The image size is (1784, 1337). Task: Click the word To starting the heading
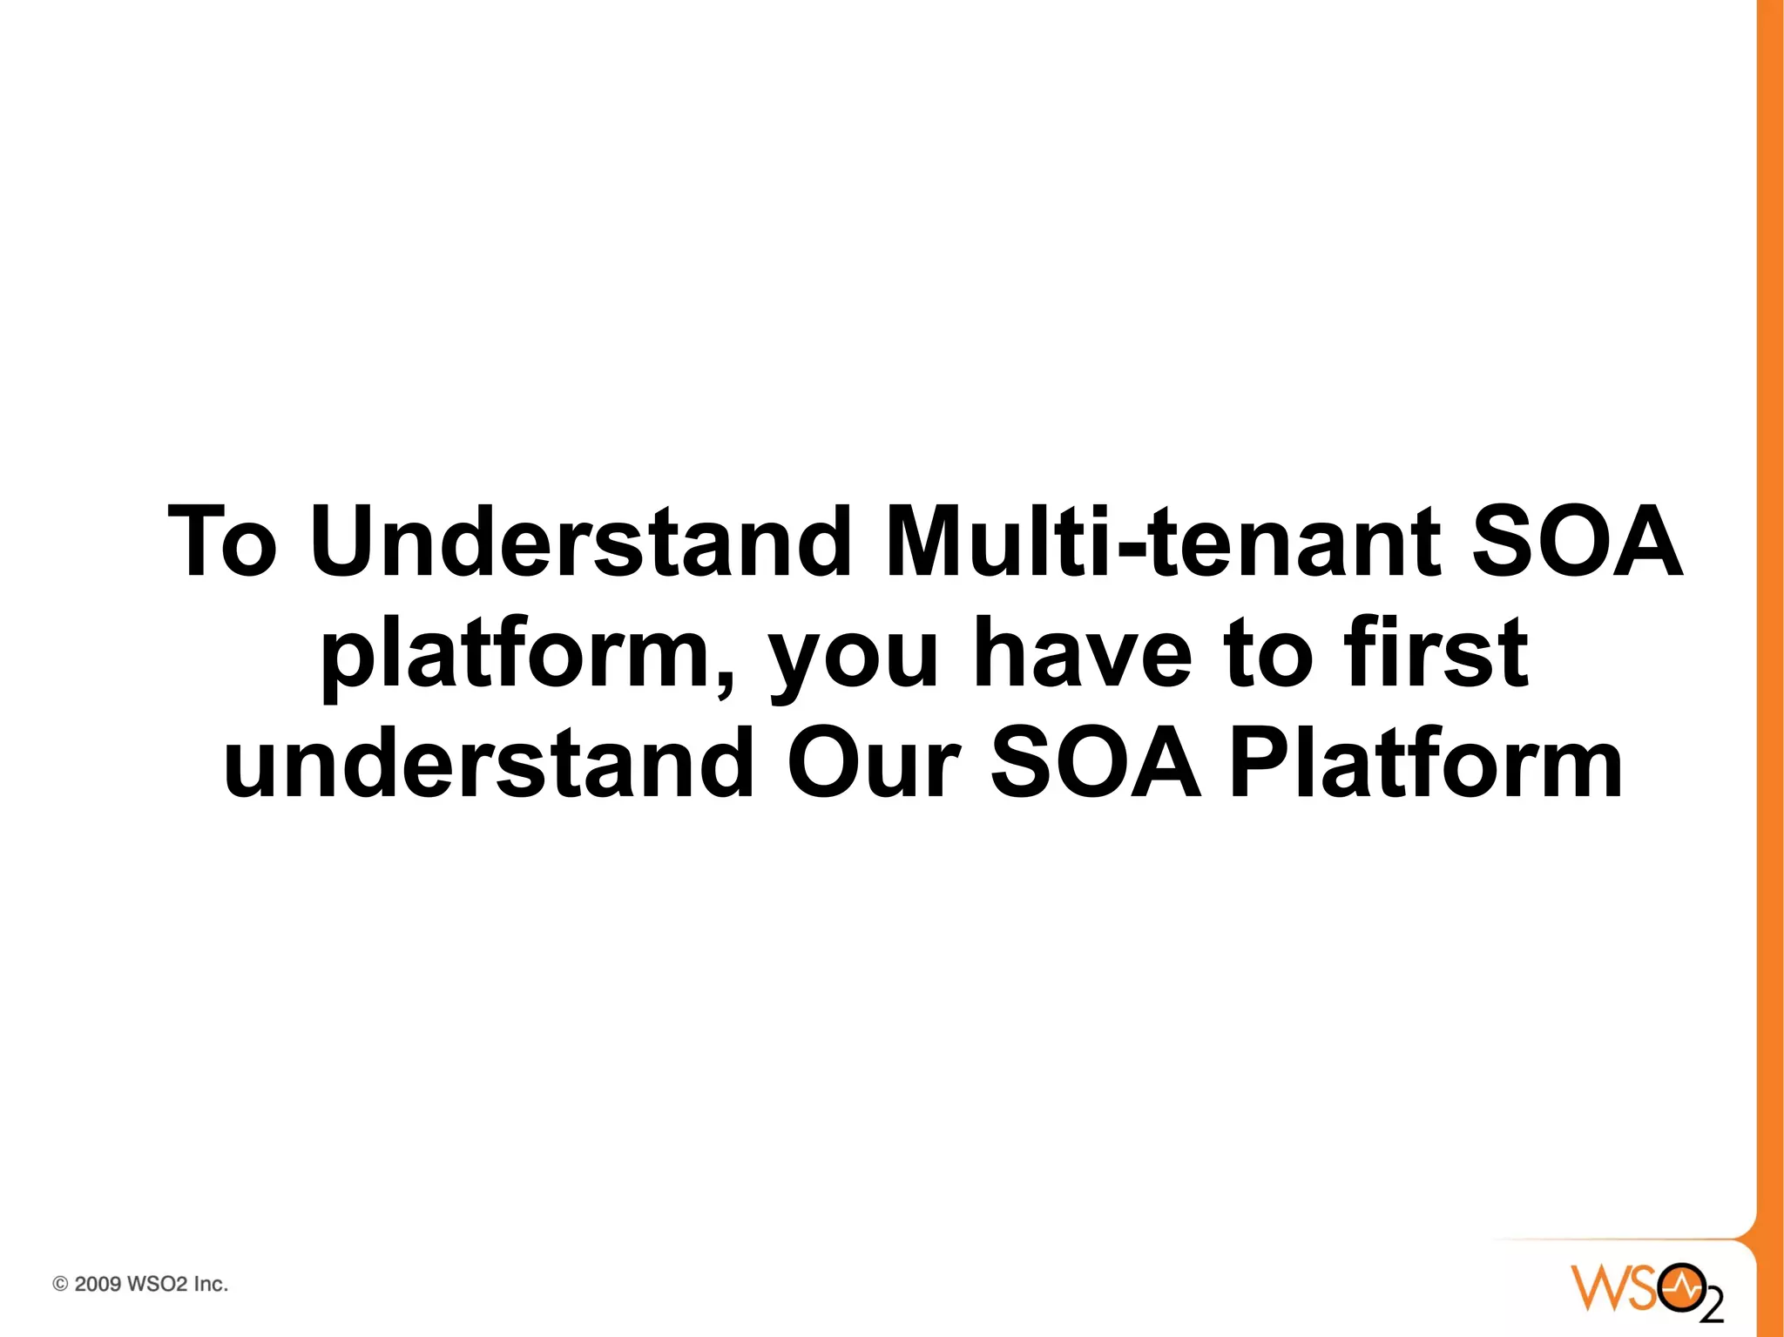pyautogui.click(x=223, y=543)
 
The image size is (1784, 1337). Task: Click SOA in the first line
pyautogui.click(x=1577, y=543)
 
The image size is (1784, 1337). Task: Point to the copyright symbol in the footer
pyautogui.click(x=60, y=1284)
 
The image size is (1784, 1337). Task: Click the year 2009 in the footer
pyautogui.click(x=98, y=1284)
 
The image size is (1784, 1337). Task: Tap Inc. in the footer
pyautogui.click(x=210, y=1284)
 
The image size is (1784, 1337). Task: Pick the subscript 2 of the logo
pyautogui.click(x=1711, y=1307)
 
